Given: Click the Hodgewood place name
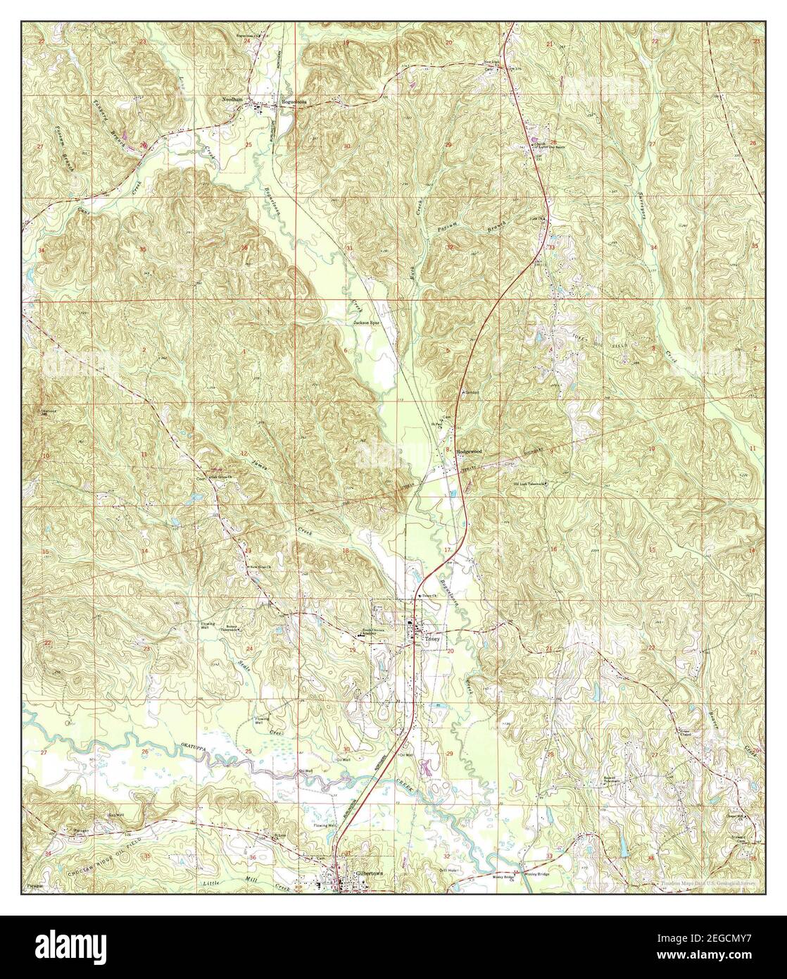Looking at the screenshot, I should tap(470, 450).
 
